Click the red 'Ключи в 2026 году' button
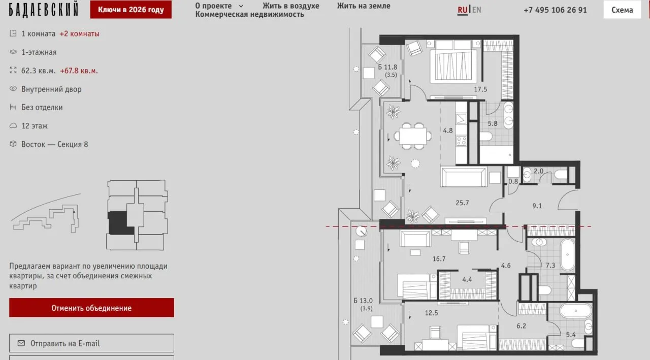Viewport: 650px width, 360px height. [131, 10]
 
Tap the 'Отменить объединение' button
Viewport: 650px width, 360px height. [91, 308]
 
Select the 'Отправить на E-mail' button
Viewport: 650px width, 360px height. [91, 343]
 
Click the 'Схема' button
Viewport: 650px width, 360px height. [622, 10]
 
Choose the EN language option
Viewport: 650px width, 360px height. [476, 10]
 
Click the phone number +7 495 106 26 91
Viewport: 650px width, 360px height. [555, 10]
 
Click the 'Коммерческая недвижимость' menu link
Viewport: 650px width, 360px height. [249, 14]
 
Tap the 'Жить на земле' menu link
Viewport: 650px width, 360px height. [364, 6]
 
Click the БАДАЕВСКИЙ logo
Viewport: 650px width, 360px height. [44, 10]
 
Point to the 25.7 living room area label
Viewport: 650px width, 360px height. [462, 203]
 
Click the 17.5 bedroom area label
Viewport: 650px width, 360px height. [480, 89]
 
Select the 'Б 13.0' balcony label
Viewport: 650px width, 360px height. [363, 301]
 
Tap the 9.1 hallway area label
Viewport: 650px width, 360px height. [537, 206]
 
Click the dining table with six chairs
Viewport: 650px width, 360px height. [413, 136]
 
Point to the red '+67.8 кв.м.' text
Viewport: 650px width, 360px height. [79, 71]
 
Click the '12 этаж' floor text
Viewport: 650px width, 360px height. [34, 126]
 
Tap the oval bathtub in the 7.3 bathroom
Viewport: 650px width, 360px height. [568, 255]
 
